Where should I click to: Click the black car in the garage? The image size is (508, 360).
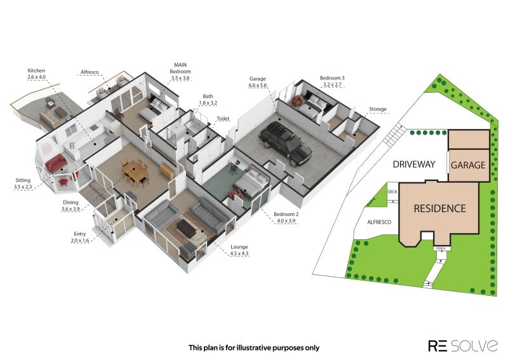(x=285, y=143)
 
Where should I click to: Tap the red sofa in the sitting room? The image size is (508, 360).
(x=56, y=163)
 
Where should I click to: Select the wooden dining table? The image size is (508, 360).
(x=136, y=172)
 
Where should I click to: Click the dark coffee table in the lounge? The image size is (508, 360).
(x=187, y=227)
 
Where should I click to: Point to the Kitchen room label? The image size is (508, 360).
(x=36, y=70)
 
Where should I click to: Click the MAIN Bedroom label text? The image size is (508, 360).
(x=180, y=68)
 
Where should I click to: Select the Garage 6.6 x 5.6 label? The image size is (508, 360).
(x=258, y=82)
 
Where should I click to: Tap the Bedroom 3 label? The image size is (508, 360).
(x=332, y=77)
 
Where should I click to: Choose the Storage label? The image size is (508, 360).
(x=378, y=109)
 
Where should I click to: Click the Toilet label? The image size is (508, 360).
(x=223, y=119)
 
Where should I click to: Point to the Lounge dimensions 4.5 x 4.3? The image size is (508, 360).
(x=239, y=254)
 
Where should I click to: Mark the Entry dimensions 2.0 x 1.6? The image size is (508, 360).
(x=80, y=241)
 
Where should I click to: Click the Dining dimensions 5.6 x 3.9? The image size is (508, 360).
(x=70, y=209)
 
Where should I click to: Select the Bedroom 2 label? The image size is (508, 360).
(x=286, y=214)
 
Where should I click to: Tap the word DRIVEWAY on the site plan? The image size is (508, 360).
(x=414, y=164)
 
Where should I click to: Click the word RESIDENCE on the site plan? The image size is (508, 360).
(x=439, y=208)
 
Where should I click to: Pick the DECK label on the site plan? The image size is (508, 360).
(x=392, y=192)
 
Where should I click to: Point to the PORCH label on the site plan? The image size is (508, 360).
(x=439, y=248)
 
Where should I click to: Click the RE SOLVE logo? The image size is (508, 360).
(x=463, y=346)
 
